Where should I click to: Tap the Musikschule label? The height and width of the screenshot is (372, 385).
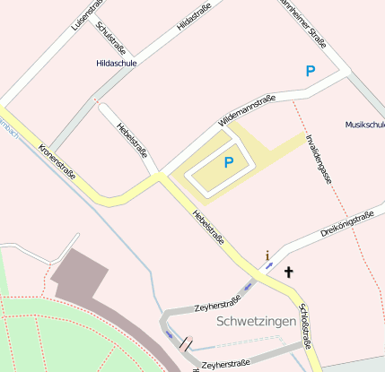(364, 125)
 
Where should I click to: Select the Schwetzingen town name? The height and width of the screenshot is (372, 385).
(256, 320)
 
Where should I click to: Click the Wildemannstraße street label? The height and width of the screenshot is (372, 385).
(246, 111)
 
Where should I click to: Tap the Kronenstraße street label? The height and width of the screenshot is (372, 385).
(57, 162)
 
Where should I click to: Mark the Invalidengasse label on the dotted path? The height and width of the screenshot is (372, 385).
(319, 159)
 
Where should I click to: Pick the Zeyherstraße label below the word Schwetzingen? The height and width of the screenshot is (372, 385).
(225, 364)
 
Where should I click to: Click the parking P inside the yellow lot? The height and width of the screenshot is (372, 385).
(229, 162)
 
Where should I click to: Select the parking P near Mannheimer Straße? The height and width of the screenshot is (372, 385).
(311, 71)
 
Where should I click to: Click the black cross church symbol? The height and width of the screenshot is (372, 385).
(289, 271)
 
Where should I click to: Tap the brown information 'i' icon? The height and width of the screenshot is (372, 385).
(267, 256)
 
